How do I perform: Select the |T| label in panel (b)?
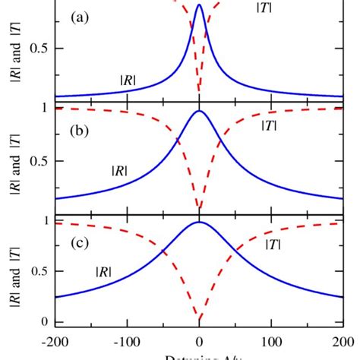[269, 125]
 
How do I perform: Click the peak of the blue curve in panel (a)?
[199, 5]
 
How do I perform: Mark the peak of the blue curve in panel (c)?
[199, 222]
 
